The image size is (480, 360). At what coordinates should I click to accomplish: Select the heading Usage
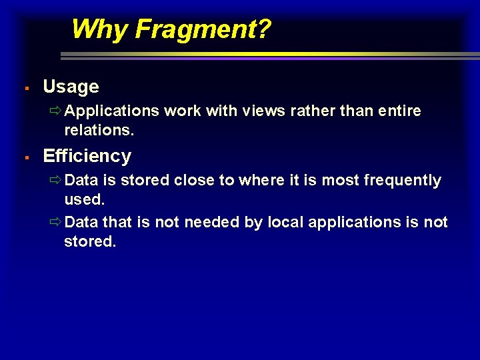(71, 87)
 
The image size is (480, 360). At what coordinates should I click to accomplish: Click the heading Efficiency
(87, 156)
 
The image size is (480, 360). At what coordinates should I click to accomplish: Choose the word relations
(99, 131)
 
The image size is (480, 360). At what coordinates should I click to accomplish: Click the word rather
(313, 111)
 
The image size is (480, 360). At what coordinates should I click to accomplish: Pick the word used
(84, 200)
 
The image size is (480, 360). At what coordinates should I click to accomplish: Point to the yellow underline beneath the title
(167, 54)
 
